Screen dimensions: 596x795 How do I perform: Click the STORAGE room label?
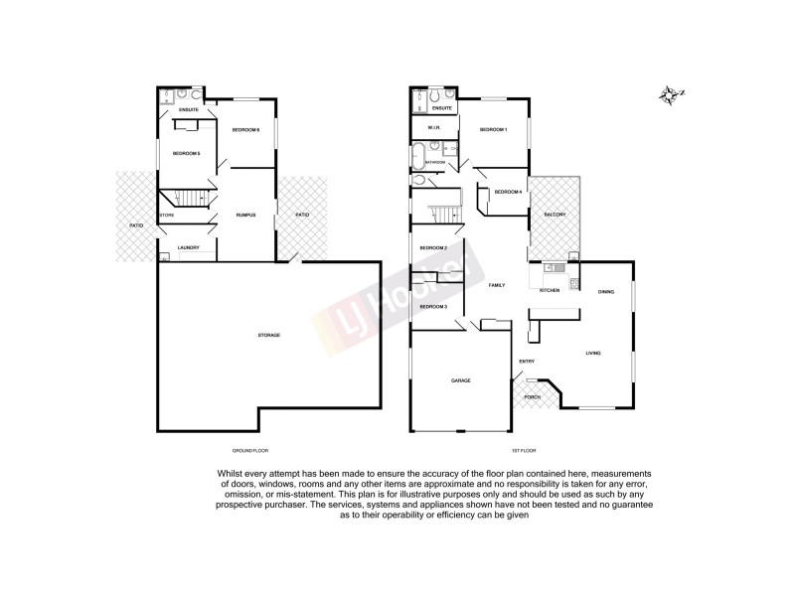[269, 335]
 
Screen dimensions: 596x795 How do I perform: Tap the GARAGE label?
[460, 380]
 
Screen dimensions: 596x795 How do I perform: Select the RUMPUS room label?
[246, 216]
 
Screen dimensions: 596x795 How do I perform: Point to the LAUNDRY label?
[189, 247]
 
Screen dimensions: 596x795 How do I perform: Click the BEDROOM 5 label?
[187, 153]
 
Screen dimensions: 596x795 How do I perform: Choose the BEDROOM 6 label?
[245, 130]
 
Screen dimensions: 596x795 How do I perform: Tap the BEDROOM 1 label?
[493, 130]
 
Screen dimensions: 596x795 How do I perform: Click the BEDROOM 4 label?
[508, 192]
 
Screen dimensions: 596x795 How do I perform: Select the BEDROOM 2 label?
[433, 247]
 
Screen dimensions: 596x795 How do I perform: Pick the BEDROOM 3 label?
[433, 307]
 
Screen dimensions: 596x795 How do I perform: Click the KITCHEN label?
[550, 290]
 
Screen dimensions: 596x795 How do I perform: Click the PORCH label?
[533, 396]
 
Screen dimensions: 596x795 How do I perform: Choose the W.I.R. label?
[433, 129]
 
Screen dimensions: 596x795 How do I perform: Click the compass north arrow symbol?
[666, 94]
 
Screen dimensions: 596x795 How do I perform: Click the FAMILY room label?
[496, 285]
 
